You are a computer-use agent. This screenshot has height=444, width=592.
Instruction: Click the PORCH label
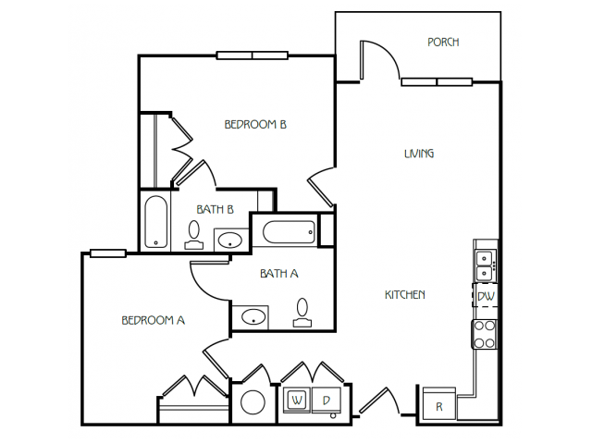(443, 42)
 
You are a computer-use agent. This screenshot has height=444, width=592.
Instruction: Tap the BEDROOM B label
(255, 124)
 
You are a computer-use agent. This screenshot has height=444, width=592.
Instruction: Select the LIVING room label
(419, 154)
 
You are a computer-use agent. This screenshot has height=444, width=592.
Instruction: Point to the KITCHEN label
(405, 294)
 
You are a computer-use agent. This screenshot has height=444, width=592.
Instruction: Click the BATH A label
(279, 273)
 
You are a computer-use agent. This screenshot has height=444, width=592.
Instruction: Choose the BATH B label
(216, 209)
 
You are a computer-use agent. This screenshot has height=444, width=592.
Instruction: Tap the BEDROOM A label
(154, 320)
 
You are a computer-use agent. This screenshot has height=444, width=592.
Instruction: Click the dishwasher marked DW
(486, 296)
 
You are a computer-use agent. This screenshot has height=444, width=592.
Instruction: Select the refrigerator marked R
(439, 403)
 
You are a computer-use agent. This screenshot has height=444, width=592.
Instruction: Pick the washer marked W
(297, 399)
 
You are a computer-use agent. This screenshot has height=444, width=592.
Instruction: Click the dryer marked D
(327, 399)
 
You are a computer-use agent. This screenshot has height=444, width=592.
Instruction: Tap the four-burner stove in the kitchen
(485, 334)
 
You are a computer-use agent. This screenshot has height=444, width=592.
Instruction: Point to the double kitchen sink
(485, 266)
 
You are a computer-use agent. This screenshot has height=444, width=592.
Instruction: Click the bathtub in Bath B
(156, 222)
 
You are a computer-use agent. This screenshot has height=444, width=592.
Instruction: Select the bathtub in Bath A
(289, 232)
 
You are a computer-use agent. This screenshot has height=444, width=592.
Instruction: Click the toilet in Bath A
(302, 313)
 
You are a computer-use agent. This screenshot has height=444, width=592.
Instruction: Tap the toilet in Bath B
(194, 235)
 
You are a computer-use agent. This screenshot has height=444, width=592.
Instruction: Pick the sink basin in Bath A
(253, 316)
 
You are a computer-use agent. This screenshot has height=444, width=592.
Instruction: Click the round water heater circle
(253, 401)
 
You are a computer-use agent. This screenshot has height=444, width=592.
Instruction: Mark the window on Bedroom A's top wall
(108, 253)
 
